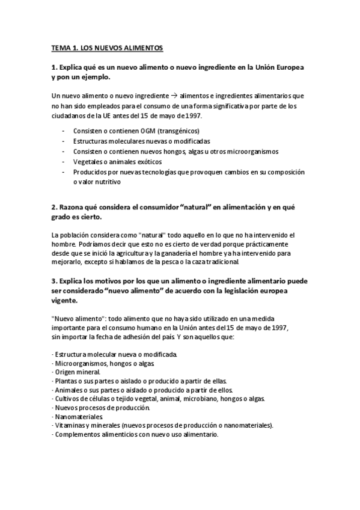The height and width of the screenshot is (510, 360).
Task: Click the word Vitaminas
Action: tap(71, 425)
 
